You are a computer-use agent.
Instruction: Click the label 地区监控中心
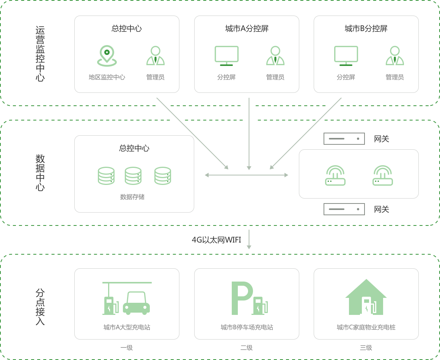pos(107,77)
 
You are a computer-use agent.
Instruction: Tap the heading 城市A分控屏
pos(247,29)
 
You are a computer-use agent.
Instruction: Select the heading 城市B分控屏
pos(366,29)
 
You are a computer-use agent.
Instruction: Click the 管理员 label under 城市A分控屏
pos(275,77)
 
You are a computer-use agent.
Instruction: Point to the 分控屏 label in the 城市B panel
pos(346,77)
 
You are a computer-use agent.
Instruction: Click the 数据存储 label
pos(132,197)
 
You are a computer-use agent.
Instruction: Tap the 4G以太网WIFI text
pos(216,240)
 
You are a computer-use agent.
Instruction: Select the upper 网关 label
pos(382,139)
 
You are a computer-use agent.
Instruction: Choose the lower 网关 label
pos(382,209)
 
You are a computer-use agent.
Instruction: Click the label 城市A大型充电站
pos(127,327)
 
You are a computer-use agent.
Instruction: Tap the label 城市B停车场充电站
pos(247,327)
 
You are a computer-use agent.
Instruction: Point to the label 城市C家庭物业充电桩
pos(366,327)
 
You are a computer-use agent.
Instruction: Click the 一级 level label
pos(127,347)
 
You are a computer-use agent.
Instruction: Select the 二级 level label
pos(247,347)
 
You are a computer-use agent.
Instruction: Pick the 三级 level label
pos(366,347)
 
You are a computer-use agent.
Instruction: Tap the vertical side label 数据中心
pos(40,173)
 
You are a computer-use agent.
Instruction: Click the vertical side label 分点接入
pos(40,307)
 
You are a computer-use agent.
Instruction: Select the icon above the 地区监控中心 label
pos(107,56)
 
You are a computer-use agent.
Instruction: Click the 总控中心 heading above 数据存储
pos(134,148)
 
